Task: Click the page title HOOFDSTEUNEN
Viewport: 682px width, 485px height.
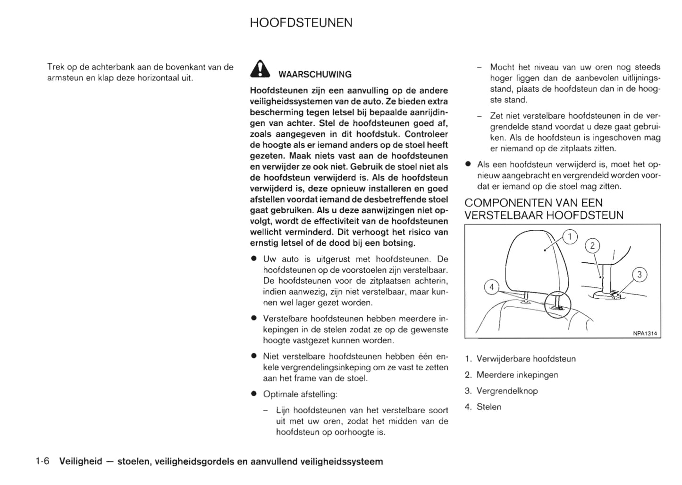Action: coord(301,23)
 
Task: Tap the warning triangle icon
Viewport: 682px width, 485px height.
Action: coord(260,69)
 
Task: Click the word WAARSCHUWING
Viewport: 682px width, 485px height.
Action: coord(315,75)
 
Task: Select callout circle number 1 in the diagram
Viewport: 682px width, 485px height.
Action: coord(570,237)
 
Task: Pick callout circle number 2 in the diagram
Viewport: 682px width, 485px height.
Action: coord(592,246)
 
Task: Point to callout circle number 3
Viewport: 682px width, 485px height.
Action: coord(639,275)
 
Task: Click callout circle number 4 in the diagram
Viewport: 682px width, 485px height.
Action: coord(492,287)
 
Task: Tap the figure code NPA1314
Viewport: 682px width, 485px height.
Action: coord(645,333)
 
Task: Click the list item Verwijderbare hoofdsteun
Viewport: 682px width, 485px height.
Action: coord(526,359)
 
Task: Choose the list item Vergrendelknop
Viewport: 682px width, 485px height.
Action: coord(507,391)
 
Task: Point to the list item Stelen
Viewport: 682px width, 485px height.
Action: coord(488,407)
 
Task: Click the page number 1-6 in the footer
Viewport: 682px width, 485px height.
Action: coord(42,461)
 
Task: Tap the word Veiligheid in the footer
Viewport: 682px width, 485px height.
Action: coord(80,461)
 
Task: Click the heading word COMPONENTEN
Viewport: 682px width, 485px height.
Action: coord(508,203)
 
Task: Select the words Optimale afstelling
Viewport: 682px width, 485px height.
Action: coord(300,394)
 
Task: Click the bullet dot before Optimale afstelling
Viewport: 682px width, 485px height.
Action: coord(253,394)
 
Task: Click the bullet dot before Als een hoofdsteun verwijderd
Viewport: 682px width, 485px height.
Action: coord(468,165)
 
